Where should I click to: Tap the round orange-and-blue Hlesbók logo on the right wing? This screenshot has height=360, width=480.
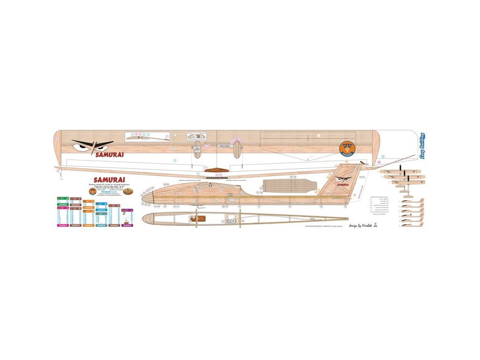(x=348, y=148)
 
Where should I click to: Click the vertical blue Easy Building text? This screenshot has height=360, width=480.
(x=422, y=146)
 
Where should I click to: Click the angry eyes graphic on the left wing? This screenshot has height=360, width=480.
(x=92, y=146)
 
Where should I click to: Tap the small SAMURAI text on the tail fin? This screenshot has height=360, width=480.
(x=343, y=185)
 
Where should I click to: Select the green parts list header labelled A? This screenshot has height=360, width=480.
(x=63, y=199)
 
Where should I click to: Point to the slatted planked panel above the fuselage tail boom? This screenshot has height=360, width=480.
(x=286, y=186)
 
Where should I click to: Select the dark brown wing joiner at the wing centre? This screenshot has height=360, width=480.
(x=217, y=170)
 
